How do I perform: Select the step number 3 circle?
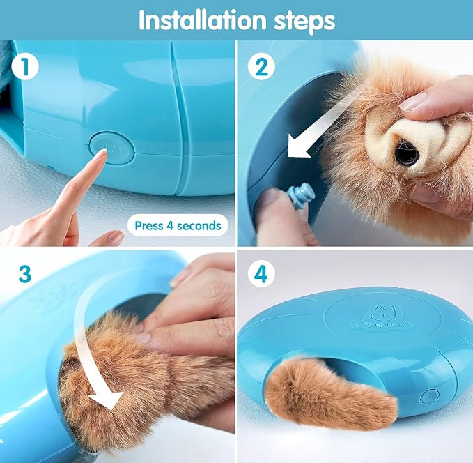25,274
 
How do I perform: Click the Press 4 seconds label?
177,225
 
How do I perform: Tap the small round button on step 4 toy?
430,395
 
